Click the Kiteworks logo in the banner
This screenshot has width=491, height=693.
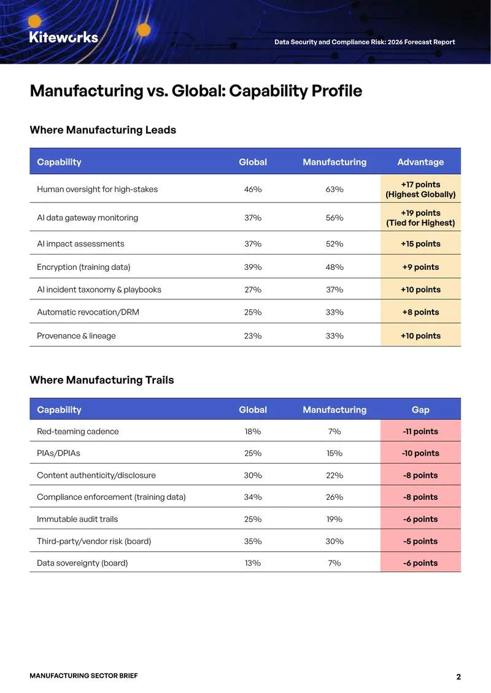64,37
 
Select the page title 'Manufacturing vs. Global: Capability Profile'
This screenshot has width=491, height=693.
196,91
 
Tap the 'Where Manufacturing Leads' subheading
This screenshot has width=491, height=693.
102,130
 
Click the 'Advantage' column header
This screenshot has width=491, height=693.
420,162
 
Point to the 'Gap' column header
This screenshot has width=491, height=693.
420,410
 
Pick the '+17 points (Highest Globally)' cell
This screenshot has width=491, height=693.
420,189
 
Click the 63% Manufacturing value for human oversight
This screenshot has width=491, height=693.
334,189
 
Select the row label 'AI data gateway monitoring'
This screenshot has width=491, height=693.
88,218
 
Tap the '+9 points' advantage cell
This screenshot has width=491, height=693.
420,267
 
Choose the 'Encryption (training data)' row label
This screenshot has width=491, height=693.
83,267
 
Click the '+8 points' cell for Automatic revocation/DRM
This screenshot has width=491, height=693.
420,312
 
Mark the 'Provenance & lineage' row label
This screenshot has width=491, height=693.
76,336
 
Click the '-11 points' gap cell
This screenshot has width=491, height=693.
420,431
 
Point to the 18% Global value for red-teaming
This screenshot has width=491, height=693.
253,431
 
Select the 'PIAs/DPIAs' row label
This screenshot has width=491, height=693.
58,453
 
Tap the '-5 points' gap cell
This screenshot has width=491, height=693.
420,541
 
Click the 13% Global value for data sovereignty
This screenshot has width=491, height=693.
253,563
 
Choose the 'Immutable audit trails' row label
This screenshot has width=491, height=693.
77,519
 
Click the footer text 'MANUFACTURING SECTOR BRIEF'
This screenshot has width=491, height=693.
83,675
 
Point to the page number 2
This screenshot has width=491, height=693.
458,676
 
